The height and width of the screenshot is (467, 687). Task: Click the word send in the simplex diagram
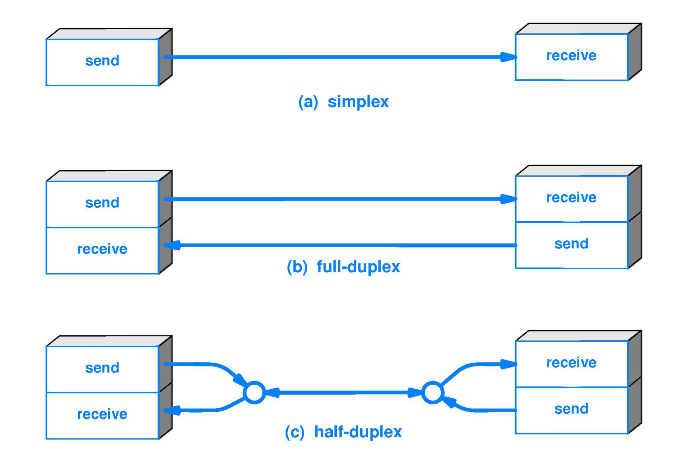(102, 61)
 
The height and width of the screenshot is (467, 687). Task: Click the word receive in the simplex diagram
(571, 55)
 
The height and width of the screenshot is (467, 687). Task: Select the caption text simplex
(358, 102)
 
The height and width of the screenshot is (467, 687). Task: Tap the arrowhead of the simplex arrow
(508, 57)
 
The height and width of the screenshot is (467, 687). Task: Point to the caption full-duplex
(358, 267)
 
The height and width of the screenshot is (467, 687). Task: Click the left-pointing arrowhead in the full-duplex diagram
(172, 245)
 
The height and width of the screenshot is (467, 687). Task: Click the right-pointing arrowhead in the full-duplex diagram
(508, 199)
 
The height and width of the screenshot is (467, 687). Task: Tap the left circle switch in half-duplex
(254, 392)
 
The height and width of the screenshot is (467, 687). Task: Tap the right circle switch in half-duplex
(433, 392)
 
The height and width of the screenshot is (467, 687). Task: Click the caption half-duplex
(358, 432)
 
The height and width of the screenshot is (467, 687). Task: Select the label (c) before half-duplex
(294, 432)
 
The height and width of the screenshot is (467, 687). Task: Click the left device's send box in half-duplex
(102, 368)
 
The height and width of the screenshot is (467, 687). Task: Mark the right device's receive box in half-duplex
(571, 363)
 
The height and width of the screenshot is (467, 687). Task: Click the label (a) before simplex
(308, 102)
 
